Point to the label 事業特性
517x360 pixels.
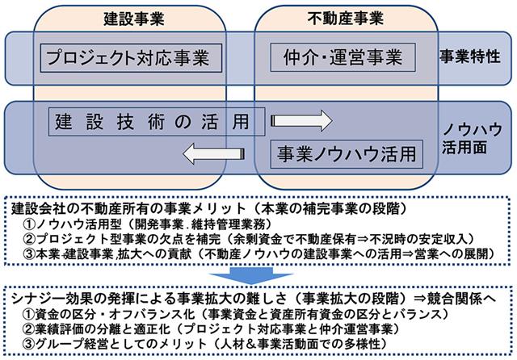point(473,58)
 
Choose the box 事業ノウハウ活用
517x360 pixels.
point(347,150)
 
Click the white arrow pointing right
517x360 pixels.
point(301,122)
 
